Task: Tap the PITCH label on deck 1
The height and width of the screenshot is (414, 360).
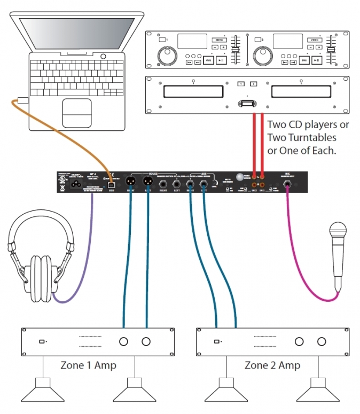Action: tap(218, 40)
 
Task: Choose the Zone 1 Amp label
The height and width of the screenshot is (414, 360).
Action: tap(89, 365)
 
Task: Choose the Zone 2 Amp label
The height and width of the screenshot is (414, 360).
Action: tap(272, 365)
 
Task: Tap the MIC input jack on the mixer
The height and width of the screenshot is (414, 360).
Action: tap(287, 185)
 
